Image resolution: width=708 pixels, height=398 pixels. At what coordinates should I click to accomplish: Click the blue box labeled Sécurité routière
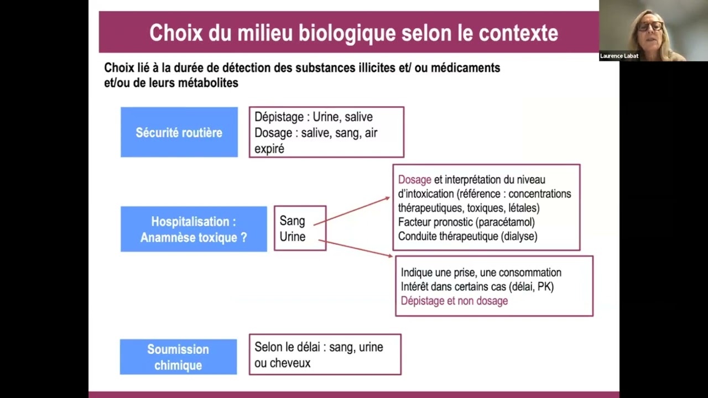(179, 133)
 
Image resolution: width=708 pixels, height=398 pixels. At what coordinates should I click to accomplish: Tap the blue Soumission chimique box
(178, 357)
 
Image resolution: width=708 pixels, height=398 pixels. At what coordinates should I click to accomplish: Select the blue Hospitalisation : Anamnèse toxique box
(194, 229)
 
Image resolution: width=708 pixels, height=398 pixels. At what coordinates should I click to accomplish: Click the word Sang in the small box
(292, 221)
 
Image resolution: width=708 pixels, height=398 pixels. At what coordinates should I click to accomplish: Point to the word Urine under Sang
(292, 237)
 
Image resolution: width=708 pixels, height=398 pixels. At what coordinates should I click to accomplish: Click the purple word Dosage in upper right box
(414, 180)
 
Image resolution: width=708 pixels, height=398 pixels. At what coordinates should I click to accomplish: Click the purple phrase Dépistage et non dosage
(454, 301)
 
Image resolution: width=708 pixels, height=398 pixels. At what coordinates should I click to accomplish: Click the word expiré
(269, 149)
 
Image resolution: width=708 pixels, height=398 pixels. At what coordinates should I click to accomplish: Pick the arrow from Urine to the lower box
(356, 248)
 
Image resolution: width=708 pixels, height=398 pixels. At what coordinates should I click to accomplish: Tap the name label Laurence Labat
(619, 56)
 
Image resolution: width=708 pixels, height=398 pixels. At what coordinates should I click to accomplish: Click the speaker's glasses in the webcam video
(650, 27)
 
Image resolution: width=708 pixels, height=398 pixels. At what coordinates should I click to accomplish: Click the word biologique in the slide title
(347, 33)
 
